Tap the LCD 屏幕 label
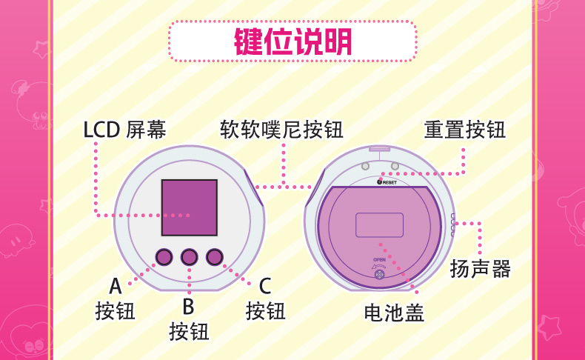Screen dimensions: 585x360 pyautogui.click(x=124, y=130)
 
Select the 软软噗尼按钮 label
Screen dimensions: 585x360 pyautogui.click(x=281, y=130)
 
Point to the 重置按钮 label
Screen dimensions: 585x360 pyautogui.click(x=464, y=130)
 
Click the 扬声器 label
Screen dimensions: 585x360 pyautogui.click(x=481, y=269)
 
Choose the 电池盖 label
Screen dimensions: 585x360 pyautogui.click(x=394, y=313)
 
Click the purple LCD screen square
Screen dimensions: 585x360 pyautogui.click(x=189, y=207)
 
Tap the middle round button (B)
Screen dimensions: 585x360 pyautogui.click(x=189, y=257)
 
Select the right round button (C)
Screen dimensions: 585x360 pyautogui.click(x=215, y=257)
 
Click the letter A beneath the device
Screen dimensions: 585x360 pyautogui.click(x=116, y=286)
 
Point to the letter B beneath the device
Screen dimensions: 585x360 pyautogui.click(x=188, y=306)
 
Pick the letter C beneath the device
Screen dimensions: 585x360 pyautogui.click(x=265, y=286)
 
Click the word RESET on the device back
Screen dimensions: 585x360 pyautogui.click(x=389, y=181)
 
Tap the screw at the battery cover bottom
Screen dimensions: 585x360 pyautogui.click(x=379, y=275)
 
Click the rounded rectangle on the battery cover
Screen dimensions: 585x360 pyautogui.click(x=379, y=224)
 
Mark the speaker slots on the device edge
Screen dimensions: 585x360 pyautogui.click(x=452, y=221)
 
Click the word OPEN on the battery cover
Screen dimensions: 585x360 pyautogui.click(x=379, y=260)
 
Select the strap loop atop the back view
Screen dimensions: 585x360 pyautogui.click(x=380, y=148)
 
